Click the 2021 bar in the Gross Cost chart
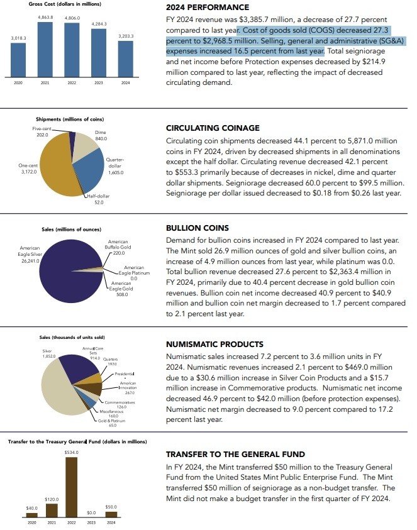[x=45, y=56]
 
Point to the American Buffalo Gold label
[x=118, y=245]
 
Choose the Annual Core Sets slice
[x=77, y=368]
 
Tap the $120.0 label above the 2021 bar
[x=52, y=499]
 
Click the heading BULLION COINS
[x=197, y=228]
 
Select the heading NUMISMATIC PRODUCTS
[x=214, y=345]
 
